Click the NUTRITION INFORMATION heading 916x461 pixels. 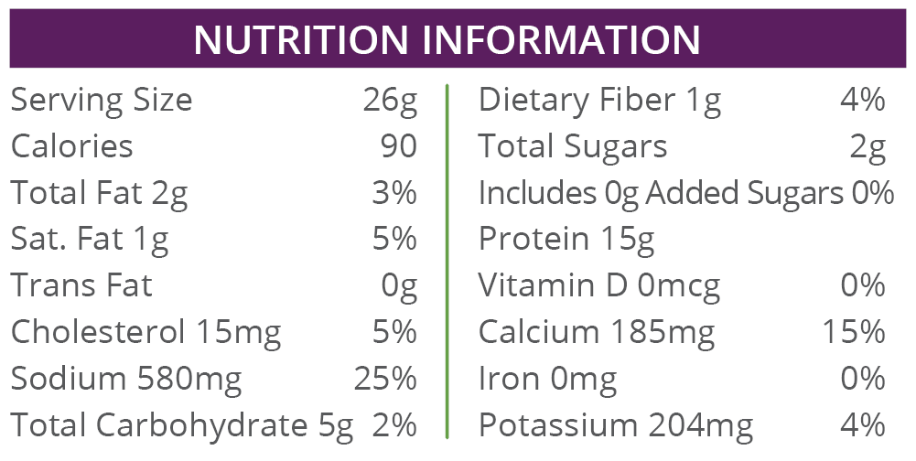pos(447,39)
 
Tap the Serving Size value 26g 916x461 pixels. pos(389,100)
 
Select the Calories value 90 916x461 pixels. pos(398,146)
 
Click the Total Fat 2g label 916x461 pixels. pos(99,193)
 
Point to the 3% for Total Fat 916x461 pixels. pos(394,193)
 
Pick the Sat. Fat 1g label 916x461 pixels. pos(90,240)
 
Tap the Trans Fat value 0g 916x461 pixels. pos(399,286)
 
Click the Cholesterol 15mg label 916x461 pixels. pos(145,332)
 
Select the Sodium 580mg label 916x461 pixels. pos(126,379)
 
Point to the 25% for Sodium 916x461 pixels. pos(385,379)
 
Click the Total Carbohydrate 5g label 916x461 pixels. pos(182,425)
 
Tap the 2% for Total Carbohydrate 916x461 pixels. pos(394,425)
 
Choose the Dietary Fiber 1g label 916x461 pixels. pos(599,100)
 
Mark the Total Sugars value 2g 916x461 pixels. pos(867,146)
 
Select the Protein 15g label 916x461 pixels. pos(566,240)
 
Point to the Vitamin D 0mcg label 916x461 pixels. pos(599,286)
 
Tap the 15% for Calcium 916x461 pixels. pos(853,332)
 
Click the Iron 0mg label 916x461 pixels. pos(547,379)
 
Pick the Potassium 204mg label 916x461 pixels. pos(616,425)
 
